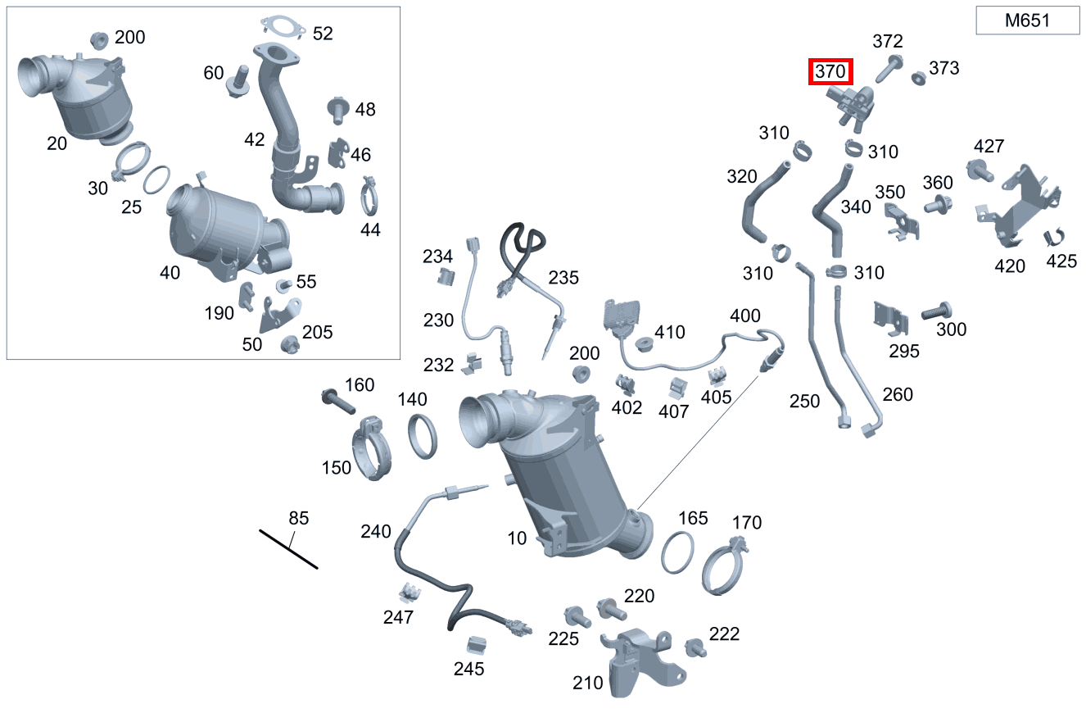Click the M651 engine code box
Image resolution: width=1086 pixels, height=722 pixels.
(1027, 21)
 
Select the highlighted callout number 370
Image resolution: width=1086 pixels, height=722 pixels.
(830, 72)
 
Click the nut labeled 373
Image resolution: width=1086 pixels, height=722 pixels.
(919, 78)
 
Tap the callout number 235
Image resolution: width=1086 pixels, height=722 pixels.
(563, 278)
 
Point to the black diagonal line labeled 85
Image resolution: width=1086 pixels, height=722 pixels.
(287, 548)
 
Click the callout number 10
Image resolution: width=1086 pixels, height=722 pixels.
(517, 538)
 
